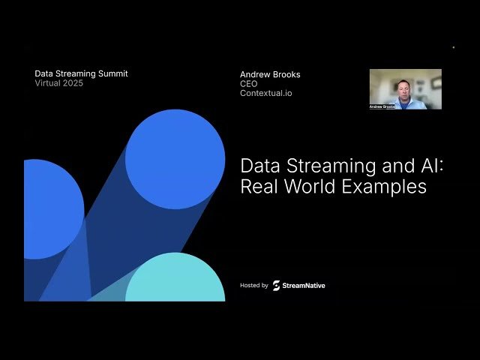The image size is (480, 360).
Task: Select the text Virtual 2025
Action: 59,83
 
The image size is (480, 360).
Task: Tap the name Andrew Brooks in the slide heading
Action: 270,74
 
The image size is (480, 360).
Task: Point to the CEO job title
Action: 248,84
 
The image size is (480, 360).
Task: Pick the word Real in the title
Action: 259,187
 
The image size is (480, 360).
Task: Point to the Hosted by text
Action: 254,286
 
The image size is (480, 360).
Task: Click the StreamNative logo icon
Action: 276,286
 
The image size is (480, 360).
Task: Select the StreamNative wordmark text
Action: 304,286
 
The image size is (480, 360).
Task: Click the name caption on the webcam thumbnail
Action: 382,106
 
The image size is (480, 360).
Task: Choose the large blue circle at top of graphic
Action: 175,158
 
